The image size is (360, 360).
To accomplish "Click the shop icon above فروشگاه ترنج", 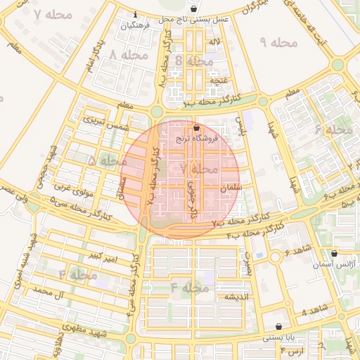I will [195, 127].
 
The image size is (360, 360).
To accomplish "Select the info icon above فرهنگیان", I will [135, 14].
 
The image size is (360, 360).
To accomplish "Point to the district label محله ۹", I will [279, 44].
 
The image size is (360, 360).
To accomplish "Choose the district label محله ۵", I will [102, 160].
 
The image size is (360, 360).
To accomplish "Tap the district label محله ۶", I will [333, 130].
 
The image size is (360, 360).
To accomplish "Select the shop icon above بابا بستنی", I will [281, 326].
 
